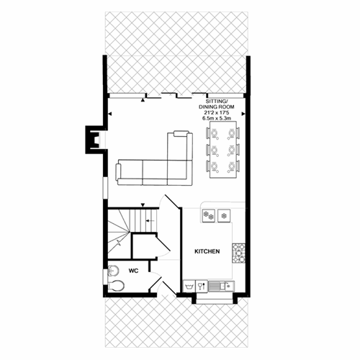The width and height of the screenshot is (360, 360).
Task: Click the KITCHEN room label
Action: click(207, 251)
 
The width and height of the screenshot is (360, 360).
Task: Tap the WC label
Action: click(133, 271)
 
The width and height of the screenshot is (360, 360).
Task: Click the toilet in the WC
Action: click(116, 285)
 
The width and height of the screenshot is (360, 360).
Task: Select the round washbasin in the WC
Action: click(113, 271)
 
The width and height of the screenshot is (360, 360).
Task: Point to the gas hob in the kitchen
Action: click(238, 253)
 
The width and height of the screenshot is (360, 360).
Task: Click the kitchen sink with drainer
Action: click(221, 286)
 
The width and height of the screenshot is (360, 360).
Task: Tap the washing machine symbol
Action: click(189, 286)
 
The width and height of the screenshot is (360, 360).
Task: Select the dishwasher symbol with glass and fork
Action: click(202, 286)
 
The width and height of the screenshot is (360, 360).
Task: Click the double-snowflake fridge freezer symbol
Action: click(208, 215)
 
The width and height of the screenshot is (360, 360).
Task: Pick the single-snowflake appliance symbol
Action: click(224, 215)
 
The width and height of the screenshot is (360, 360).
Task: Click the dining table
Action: click(223, 150)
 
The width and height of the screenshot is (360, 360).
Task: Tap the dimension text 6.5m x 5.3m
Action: click(217, 118)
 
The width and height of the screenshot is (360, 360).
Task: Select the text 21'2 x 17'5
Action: click(217, 112)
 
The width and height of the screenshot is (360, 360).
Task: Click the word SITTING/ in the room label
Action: click(216, 102)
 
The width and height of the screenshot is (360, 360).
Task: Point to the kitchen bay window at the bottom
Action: click(215, 300)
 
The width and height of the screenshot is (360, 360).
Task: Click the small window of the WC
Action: click(105, 276)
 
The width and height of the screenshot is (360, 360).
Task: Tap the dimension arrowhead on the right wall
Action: click(243, 114)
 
